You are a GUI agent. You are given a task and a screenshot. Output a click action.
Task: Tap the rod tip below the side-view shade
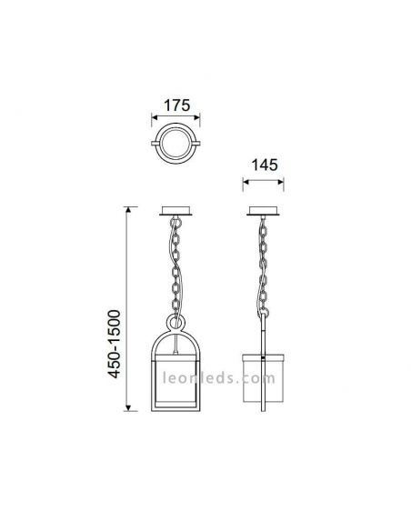tap(264, 411)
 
